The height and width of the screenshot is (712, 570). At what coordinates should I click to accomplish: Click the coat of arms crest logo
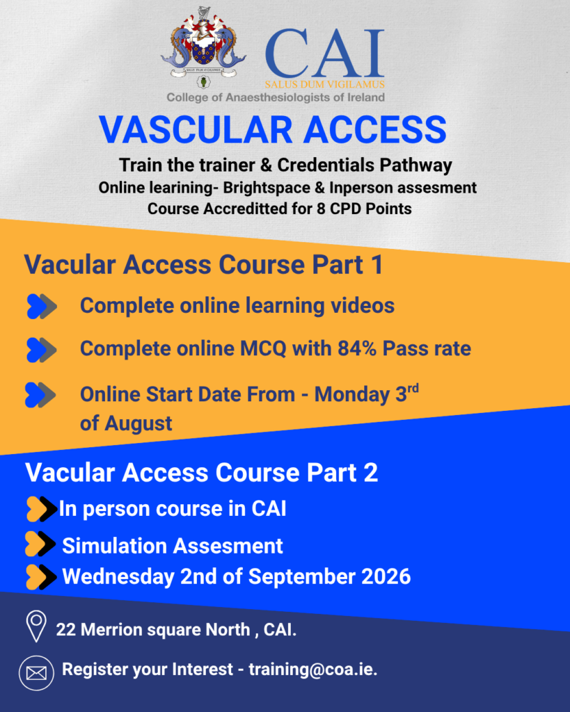(x=203, y=48)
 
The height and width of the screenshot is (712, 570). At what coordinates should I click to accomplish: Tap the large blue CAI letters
(x=324, y=54)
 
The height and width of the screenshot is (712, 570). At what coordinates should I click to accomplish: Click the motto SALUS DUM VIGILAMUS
(x=324, y=84)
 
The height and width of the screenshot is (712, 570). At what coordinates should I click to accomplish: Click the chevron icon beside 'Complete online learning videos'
(x=42, y=307)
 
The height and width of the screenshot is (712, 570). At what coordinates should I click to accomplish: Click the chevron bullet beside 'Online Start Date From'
(x=40, y=395)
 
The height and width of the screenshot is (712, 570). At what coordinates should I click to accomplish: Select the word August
(x=138, y=423)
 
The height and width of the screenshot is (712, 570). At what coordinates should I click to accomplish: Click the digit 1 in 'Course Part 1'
(x=377, y=265)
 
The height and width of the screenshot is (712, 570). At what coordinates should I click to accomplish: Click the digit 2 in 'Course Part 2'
(x=371, y=473)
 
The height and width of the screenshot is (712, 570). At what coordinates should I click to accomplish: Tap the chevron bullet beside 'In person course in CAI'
(x=42, y=509)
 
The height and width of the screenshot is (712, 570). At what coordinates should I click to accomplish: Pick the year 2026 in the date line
(x=386, y=576)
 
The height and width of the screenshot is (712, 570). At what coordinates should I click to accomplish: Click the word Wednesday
(x=118, y=576)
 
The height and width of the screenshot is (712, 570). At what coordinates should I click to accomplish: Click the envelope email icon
(x=36, y=673)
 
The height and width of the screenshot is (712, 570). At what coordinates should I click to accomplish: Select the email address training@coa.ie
(x=313, y=670)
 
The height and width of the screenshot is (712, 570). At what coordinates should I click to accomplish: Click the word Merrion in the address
(x=111, y=630)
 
